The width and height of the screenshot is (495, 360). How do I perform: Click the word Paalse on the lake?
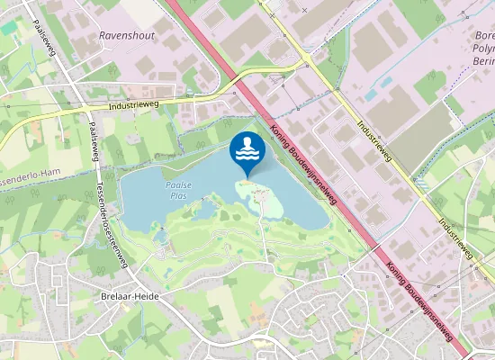point(178,184)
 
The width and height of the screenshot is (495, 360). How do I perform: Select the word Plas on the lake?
point(177,194)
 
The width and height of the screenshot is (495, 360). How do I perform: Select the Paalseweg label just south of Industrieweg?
point(93,139)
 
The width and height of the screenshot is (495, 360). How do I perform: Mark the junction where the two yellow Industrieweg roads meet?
point(307,60)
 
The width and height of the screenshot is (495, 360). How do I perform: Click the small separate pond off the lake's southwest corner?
point(160,237)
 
